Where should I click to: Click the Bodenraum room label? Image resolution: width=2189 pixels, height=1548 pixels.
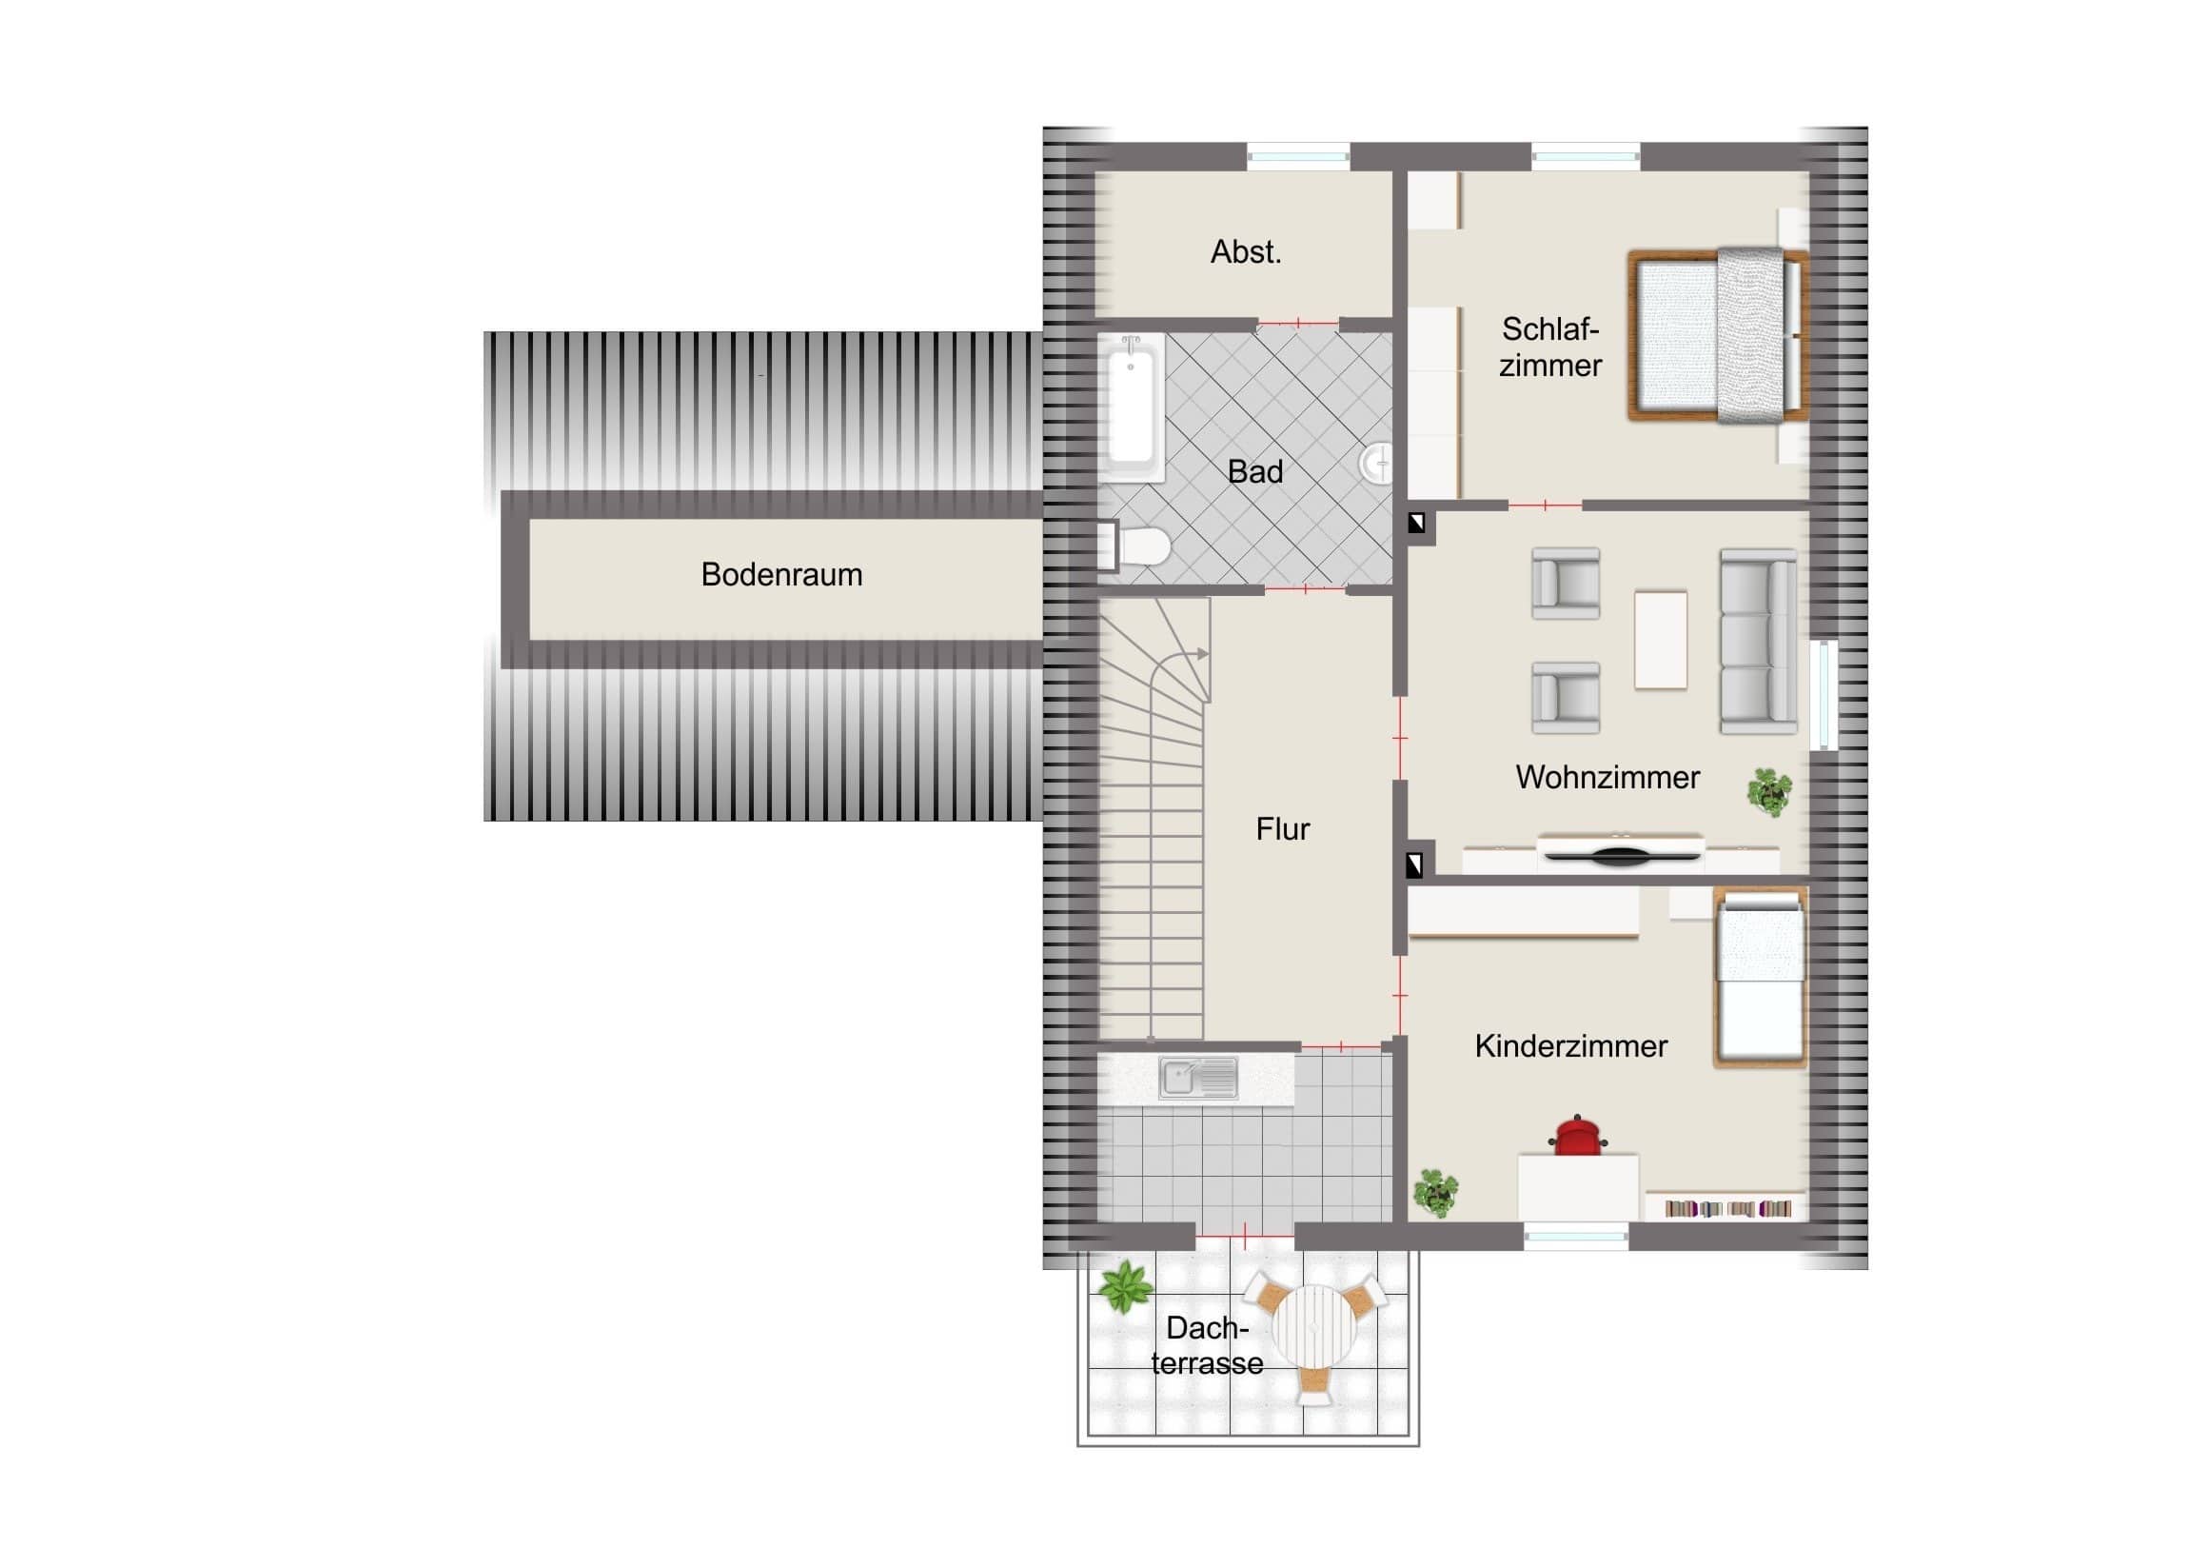[781, 574]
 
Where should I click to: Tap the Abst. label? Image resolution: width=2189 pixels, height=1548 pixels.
[1246, 251]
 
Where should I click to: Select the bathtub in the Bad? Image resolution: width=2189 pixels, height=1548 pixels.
[1132, 407]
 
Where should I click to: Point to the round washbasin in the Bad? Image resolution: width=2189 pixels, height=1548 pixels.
[1376, 464]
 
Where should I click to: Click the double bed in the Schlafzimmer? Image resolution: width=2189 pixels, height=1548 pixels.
[1718, 335]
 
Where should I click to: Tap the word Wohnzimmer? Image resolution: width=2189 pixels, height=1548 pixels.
[1607, 778]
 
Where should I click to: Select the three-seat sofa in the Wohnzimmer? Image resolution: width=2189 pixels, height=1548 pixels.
[1759, 641]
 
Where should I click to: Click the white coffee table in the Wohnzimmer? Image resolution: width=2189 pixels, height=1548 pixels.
[1661, 639]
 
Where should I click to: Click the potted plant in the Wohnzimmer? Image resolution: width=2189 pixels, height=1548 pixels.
[1769, 792]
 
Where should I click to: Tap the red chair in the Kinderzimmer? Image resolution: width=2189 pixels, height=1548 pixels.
[1577, 1136]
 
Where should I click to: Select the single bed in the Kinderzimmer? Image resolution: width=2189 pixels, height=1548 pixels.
[1760, 977]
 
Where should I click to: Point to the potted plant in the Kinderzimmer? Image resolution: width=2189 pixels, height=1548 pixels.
[1436, 1192]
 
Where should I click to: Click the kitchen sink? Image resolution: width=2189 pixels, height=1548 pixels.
[1198, 1079]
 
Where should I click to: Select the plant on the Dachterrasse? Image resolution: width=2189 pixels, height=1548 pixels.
[1125, 1286]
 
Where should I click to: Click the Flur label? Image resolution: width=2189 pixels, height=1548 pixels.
[1282, 830]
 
